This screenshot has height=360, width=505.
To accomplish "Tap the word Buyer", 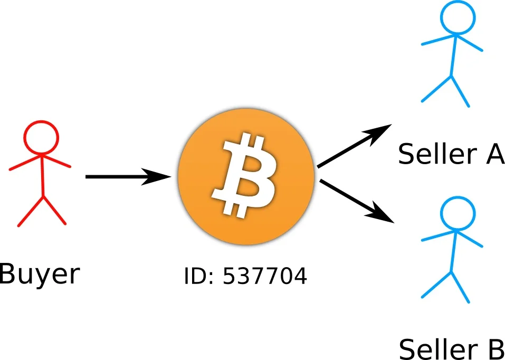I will pyautogui.click(x=40, y=274).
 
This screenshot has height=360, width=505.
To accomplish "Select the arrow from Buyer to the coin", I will pyautogui.click(x=127, y=177).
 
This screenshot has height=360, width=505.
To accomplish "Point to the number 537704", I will pyautogui.click(x=264, y=276).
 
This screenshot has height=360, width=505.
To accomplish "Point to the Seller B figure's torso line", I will pyautogui.click(x=453, y=251).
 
